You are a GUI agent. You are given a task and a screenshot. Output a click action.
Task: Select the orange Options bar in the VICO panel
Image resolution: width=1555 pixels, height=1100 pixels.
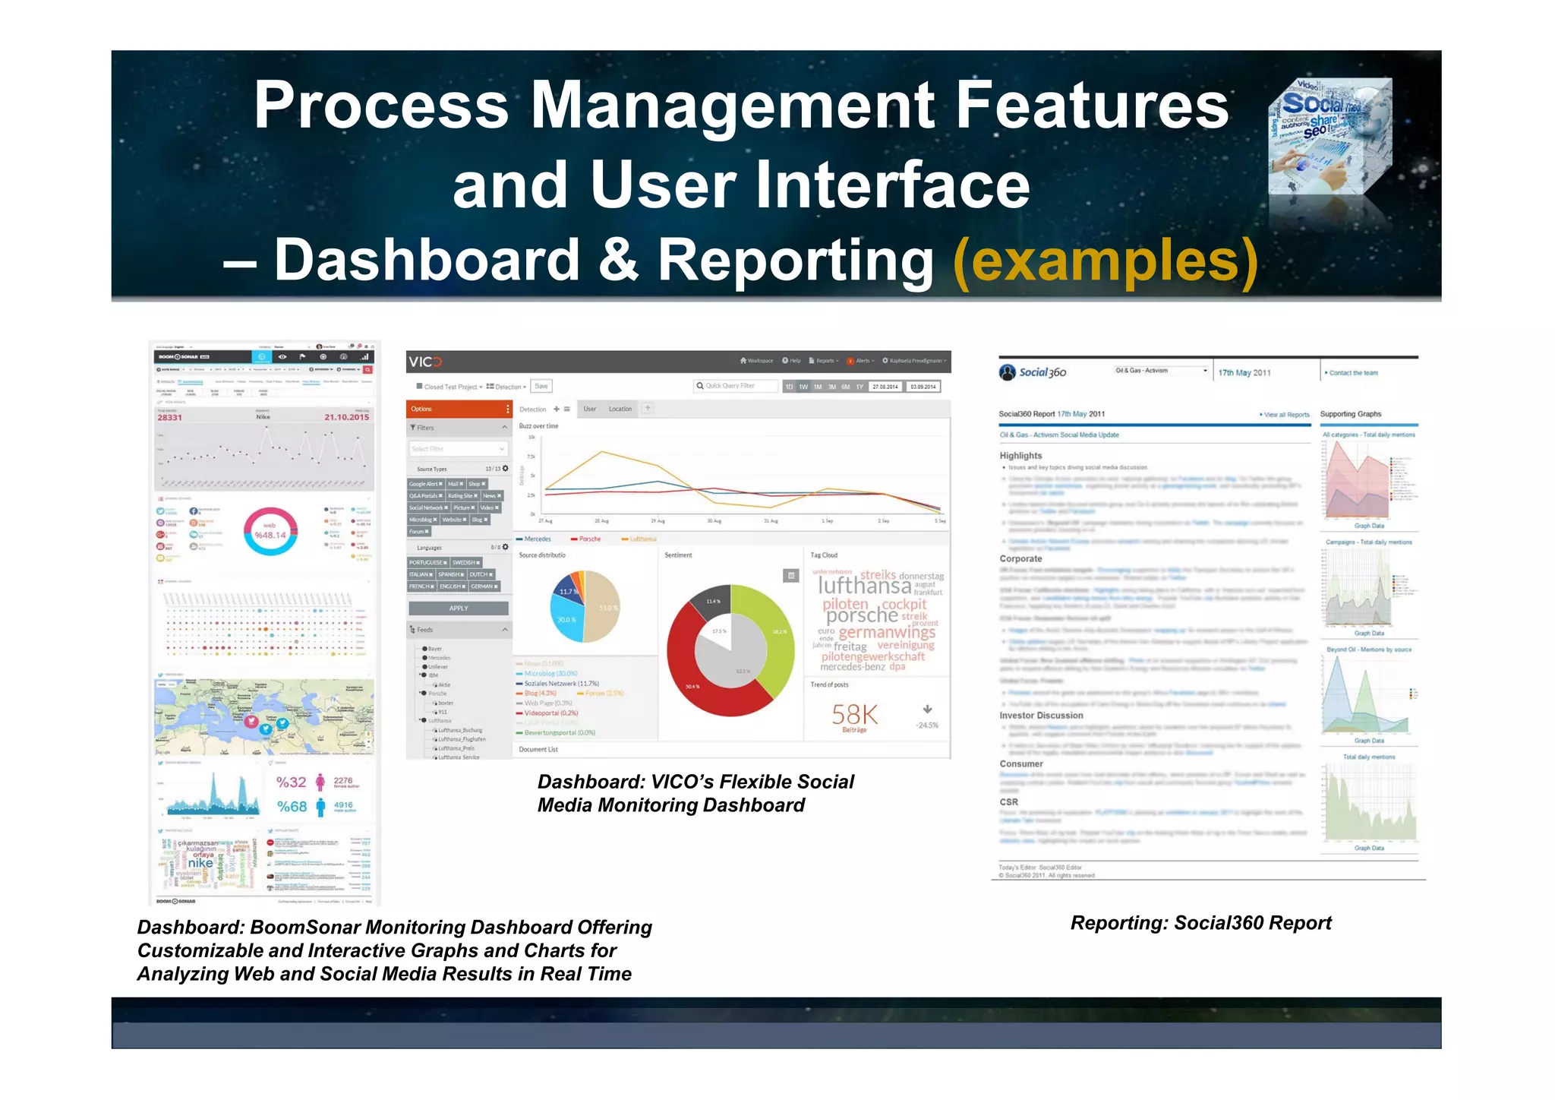(x=458, y=409)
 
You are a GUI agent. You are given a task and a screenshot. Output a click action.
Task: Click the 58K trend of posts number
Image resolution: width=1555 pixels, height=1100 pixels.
(x=854, y=714)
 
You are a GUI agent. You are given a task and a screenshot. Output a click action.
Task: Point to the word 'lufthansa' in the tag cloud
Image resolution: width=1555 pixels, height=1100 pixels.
(x=864, y=586)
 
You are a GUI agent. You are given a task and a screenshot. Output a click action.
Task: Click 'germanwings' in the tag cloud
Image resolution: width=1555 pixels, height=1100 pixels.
(x=886, y=632)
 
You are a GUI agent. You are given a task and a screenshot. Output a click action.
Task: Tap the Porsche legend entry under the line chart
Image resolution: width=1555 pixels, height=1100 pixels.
(x=589, y=539)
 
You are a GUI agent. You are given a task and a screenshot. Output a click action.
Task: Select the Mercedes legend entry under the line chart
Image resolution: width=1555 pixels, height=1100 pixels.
(x=537, y=539)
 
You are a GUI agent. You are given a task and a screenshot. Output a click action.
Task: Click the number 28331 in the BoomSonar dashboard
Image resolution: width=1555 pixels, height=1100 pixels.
(x=169, y=417)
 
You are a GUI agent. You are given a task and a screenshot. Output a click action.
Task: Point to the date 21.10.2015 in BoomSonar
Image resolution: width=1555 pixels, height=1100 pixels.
(x=346, y=417)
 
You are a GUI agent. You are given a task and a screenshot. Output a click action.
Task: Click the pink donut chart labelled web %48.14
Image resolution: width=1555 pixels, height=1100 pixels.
(x=270, y=531)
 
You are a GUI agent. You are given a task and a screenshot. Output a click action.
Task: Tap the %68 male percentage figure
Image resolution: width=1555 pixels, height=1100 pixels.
(x=292, y=806)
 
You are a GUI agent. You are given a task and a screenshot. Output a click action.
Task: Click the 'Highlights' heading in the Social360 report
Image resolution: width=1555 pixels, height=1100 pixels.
(x=1020, y=456)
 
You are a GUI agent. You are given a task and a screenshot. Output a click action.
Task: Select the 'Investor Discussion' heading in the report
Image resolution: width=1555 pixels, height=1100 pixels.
(x=1041, y=716)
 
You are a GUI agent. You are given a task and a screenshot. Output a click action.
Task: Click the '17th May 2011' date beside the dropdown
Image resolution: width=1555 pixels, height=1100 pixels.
(x=1244, y=373)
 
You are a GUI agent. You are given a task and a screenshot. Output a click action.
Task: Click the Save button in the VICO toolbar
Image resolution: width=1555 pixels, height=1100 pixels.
(x=541, y=386)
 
